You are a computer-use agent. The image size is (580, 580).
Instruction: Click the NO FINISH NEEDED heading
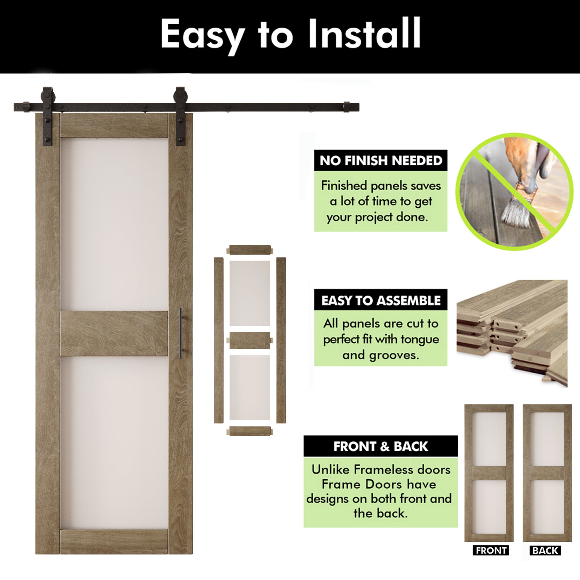[x=381, y=161]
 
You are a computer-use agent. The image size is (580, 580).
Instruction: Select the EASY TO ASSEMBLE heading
[x=381, y=300]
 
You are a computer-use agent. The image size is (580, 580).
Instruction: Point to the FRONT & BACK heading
[x=380, y=446]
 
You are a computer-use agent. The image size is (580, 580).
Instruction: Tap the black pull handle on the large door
[x=180, y=333]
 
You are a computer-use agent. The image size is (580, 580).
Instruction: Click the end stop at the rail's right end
[x=347, y=107]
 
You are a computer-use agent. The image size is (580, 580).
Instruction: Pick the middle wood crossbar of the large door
[x=114, y=333]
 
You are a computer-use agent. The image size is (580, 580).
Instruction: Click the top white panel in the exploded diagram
[x=249, y=293]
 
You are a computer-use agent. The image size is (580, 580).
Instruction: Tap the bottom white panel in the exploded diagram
[x=249, y=387]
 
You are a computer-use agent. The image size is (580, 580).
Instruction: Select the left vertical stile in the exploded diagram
[x=219, y=340]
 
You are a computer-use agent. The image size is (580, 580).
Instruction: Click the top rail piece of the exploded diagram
[x=250, y=250]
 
